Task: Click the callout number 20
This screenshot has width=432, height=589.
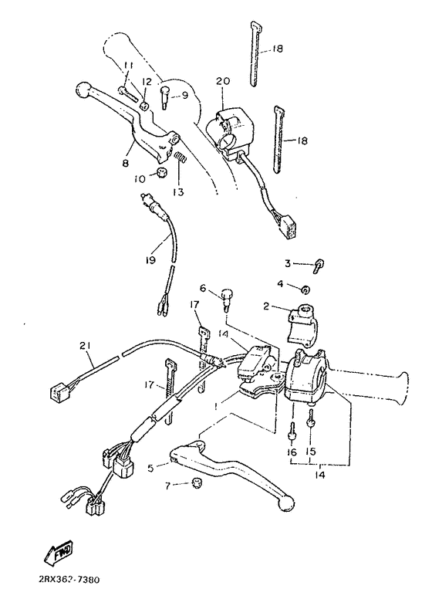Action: [x=223, y=81]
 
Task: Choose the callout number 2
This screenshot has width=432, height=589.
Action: [x=267, y=306]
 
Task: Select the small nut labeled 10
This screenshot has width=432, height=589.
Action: [x=163, y=172]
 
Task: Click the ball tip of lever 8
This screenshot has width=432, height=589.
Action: [x=83, y=90]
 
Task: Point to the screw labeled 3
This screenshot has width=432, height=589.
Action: [x=318, y=266]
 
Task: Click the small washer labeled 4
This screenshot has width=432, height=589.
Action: [x=306, y=290]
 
